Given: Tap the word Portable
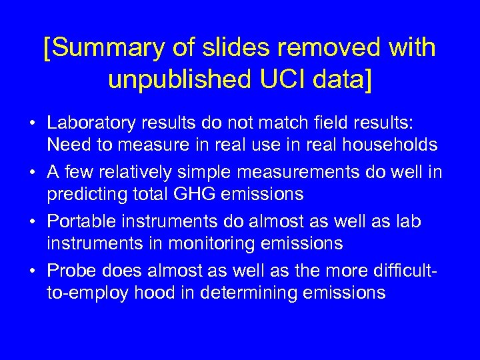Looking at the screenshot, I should [x=77, y=222].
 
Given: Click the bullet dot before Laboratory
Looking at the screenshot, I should [x=32, y=124].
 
